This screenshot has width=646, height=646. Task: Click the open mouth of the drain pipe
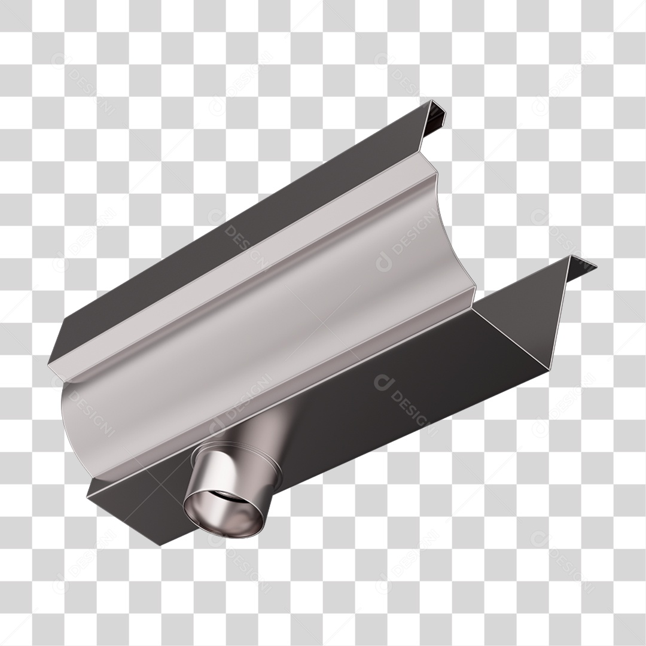224,514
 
